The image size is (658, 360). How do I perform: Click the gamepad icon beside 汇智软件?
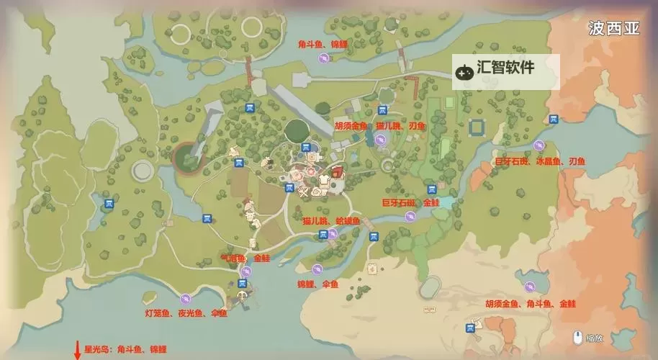pos(462,71)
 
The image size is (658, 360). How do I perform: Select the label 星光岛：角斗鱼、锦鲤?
pos(125,349)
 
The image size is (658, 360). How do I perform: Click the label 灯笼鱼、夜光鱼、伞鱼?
pos(186,313)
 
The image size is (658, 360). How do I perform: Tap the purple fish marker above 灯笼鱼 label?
pos(186,297)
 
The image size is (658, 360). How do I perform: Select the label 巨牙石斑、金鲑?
pos(410,204)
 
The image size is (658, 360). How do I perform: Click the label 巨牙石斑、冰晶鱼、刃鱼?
pos(540,162)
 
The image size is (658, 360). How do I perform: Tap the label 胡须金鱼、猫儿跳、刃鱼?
pos(379,125)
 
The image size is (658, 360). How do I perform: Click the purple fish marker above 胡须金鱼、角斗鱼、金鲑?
pos(531,285)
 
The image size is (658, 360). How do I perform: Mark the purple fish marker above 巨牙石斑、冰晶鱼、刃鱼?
pos(538,145)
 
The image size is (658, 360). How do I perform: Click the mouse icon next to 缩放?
pos(577,336)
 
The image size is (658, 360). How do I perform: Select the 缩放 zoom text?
pos(594,337)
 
